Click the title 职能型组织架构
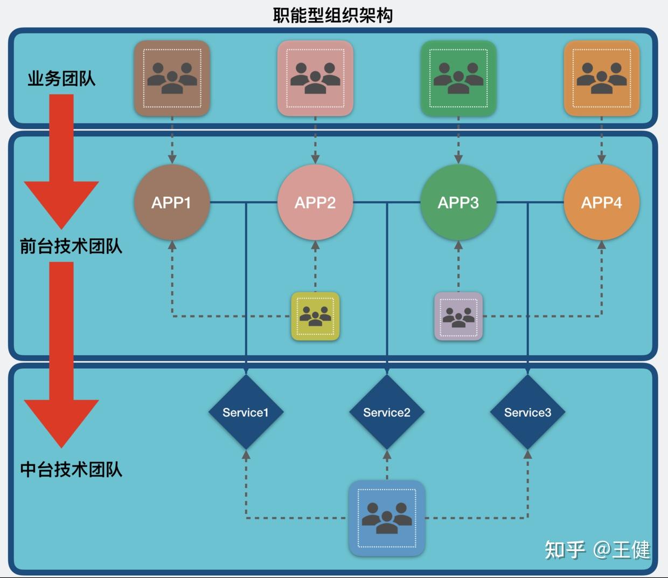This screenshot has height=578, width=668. pos(332,15)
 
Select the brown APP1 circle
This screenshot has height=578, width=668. pos(172,202)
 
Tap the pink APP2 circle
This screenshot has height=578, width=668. pos(315,202)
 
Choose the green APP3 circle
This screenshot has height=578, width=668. pos(458,202)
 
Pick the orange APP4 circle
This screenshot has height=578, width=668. pos(601,202)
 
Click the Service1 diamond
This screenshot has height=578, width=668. pos(246,412)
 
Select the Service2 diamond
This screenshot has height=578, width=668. pos(387,412)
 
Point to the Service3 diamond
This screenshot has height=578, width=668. pos(527,412)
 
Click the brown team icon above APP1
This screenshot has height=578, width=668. pos(172,78)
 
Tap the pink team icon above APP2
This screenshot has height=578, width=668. pos(315,78)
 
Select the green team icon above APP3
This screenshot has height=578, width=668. pos(458,78)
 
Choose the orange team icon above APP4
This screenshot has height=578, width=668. pos(601,78)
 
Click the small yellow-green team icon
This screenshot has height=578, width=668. pos(315,316)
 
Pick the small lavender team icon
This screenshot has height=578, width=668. pos(458,316)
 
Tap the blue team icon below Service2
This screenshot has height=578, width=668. pos(387,518)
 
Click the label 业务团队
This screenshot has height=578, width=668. pos(61,79)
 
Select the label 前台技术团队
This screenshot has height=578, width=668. pos(71,246)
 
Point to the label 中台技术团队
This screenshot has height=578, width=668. pos(71,470)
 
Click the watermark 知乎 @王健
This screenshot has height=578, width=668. pos(597,550)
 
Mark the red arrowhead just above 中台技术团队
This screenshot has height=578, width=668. pos(61,421)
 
